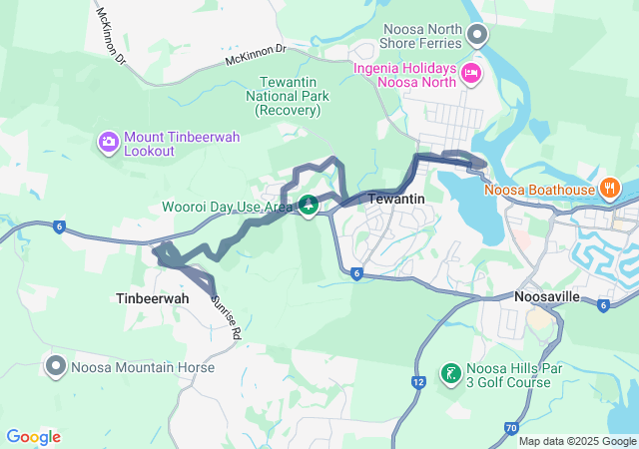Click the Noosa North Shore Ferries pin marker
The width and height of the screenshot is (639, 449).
[477, 37]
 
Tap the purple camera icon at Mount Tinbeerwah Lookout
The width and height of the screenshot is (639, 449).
[108, 143]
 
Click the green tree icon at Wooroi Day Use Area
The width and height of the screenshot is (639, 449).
[310, 207]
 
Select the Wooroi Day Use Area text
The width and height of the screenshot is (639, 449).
[227, 207]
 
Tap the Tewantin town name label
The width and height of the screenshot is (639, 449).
[397, 200]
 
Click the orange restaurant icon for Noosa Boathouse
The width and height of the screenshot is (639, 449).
[609, 188]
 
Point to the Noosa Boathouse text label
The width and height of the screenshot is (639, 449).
[538, 190]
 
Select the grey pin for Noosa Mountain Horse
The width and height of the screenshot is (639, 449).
[55, 365]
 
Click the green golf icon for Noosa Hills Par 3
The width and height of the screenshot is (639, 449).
[450, 375]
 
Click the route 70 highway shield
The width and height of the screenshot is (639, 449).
[511, 428]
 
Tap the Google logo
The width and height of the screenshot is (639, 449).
[33, 437]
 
